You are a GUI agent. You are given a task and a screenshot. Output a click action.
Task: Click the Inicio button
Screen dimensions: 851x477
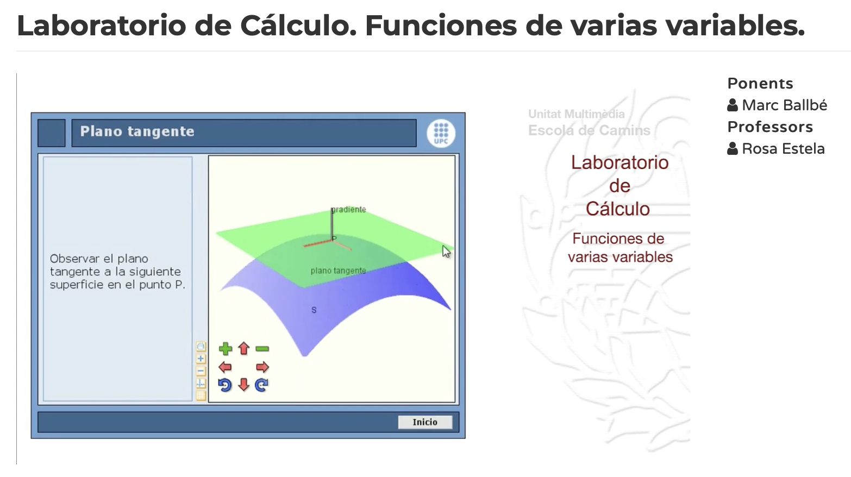pos(425,422)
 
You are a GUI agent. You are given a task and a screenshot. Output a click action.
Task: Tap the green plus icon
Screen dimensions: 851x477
pos(226,349)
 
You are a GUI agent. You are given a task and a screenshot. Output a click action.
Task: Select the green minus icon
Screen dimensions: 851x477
pos(262,349)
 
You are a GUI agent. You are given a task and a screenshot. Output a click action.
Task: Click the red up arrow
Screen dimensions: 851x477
pos(243,348)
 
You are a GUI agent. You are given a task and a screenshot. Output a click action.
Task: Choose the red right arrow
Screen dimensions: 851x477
pos(262,367)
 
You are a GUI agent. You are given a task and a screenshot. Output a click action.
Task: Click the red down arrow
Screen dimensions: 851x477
pos(243,385)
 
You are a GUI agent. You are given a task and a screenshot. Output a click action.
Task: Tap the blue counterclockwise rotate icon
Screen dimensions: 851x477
pos(225,385)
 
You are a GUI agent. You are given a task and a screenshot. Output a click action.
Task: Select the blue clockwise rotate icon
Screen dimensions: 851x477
pos(262,385)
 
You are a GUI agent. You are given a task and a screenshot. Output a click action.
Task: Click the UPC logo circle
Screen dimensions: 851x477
pos(441,133)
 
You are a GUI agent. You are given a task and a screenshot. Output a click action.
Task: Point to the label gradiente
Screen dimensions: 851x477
pos(348,210)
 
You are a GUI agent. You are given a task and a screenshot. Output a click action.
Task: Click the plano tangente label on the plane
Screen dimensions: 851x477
pos(338,271)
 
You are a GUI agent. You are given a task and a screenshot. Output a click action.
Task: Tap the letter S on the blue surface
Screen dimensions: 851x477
pos(314,310)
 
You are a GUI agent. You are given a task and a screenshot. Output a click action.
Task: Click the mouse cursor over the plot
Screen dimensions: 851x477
pos(446,252)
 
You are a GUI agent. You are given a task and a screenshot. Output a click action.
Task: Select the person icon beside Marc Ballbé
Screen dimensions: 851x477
pos(733,105)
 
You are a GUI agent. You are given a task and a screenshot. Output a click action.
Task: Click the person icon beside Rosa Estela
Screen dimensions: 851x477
pos(733,149)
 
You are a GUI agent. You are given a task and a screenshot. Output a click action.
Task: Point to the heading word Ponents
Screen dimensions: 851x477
pos(760,84)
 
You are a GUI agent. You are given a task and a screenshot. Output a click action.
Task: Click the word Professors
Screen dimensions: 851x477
pos(770,127)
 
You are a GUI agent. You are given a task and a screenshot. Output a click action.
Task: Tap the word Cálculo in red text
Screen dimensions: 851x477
pos(618,209)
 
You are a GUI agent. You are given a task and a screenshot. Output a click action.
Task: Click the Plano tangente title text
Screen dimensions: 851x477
pos(137,131)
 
